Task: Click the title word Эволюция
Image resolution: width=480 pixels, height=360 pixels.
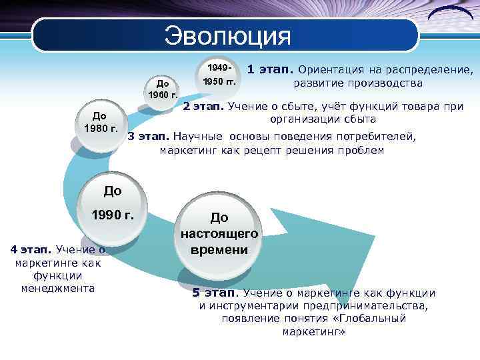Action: coord(228,35)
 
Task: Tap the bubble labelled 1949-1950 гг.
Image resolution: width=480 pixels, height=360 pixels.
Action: coord(219,75)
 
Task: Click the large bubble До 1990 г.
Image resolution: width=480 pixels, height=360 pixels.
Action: coord(113,203)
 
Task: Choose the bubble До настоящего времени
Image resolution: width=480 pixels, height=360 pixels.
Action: coord(219,233)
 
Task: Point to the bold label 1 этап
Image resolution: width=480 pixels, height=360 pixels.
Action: coord(270,69)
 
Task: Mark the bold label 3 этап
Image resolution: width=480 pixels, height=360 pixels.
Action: coord(148,136)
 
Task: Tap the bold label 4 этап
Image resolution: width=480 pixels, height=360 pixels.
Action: coord(31,251)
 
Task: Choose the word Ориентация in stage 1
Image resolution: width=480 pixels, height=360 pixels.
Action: coord(331,69)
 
